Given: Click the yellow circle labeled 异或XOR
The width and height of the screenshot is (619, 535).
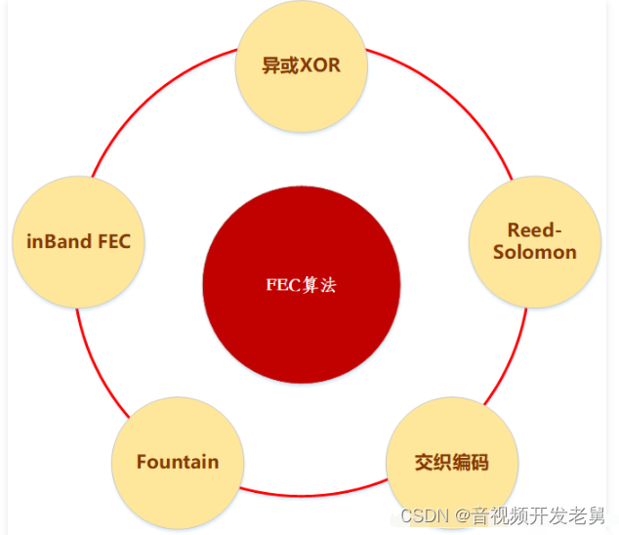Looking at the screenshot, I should point(302,66).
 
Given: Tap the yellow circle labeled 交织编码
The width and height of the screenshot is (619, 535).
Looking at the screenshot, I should point(451,462).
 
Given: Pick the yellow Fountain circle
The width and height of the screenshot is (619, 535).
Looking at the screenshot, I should point(177,462).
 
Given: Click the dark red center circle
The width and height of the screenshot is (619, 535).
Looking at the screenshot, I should point(301,285).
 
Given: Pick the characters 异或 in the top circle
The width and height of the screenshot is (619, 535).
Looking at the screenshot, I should point(278,66).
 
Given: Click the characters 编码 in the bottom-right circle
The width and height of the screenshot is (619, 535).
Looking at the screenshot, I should point(470,462).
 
